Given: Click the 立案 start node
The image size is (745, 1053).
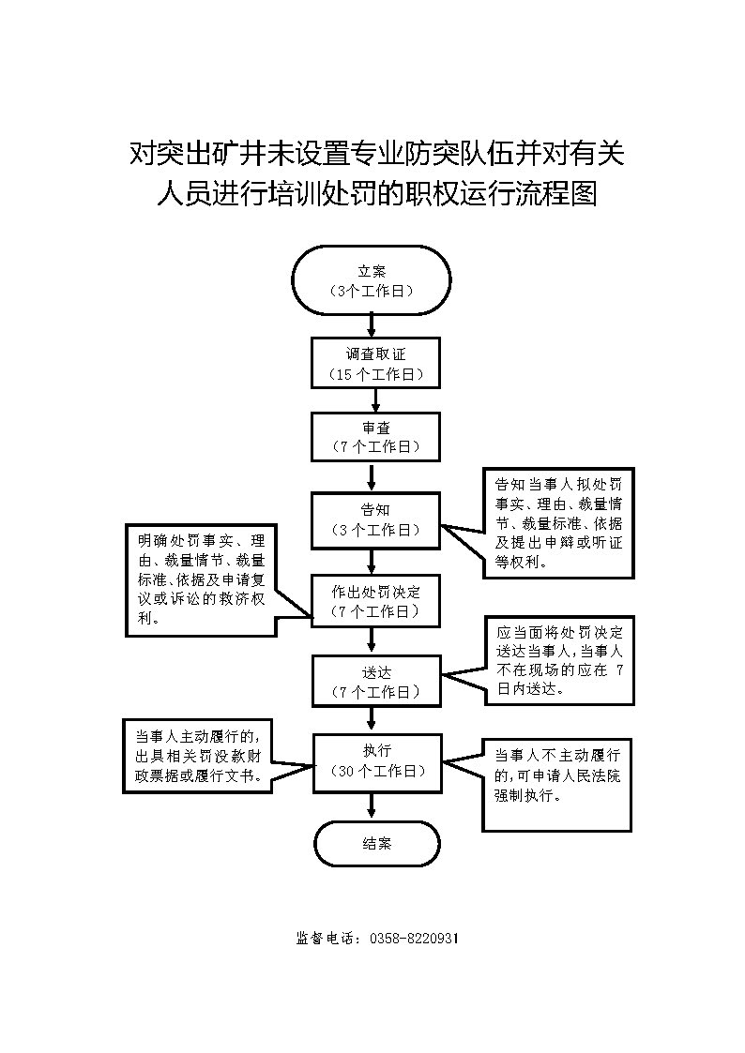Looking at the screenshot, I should pyautogui.click(x=372, y=280).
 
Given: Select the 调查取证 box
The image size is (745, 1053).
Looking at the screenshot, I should pyautogui.click(x=375, y=363).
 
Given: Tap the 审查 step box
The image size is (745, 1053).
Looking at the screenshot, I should pyautogui.click(x=375, y=437).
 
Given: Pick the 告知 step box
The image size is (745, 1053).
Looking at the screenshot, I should pyautogui.click(x=375, y=519).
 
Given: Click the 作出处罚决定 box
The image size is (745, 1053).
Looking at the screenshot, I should pyautogui.click(x=375, y=601).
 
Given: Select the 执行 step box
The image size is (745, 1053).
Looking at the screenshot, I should pyautogui.click(x=375, y=760).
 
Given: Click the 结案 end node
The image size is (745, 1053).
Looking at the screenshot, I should pyautogui.click(x=376, y=843).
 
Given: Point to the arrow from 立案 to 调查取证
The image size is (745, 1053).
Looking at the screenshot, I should pyautogui.click(x=372, y=325).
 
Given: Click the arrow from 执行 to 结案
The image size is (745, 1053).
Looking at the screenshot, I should pyautogui.click(x=373, y=805).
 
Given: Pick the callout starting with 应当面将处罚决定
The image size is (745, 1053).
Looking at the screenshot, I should pyautogui.click(x=558, y=660).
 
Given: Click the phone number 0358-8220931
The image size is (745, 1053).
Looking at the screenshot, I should pyautogui.click(x=414, y=938).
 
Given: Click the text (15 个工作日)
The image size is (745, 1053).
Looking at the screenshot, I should pyautogui.click(x=375, y=374).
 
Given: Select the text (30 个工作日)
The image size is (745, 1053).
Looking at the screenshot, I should pyautogui.click(x=375, y=771).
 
